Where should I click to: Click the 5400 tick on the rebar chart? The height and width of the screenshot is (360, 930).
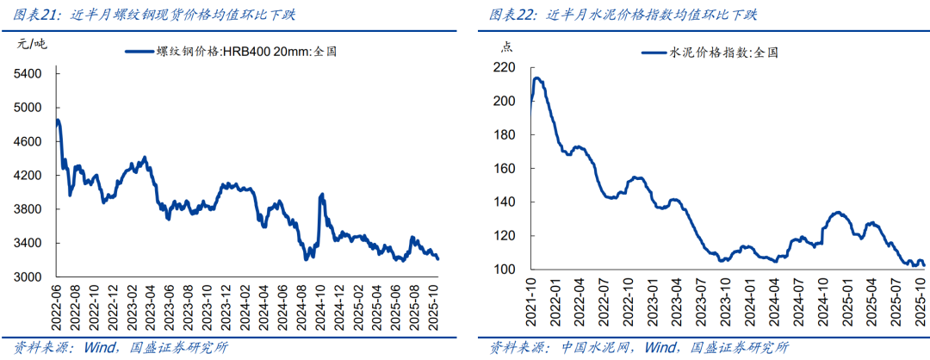click(28, 74)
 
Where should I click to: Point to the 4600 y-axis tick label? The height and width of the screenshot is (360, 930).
click(28, 141)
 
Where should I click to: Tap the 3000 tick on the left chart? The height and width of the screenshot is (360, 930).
click(28, 277)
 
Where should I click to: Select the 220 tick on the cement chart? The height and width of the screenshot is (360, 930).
click(505, 67)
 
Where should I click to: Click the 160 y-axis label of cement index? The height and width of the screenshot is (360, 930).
click(505, 135)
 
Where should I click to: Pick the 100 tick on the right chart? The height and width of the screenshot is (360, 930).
click(505, 270)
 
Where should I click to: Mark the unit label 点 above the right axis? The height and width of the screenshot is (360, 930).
click(506, 46)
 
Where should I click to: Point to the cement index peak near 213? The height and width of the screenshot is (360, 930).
click(537, 78)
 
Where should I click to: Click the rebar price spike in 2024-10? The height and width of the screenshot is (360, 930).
click(322, 195)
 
